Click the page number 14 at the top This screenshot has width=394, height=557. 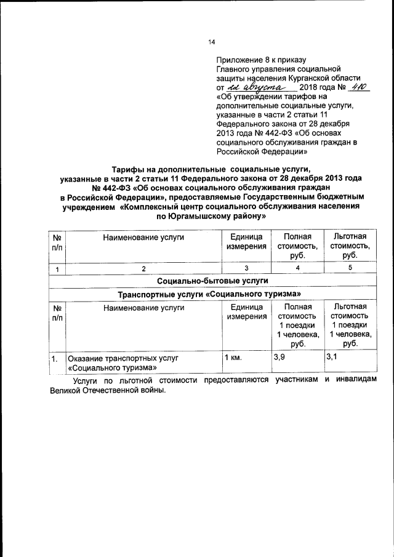(x=212, y=42)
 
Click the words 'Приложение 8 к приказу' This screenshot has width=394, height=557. (x=260, y=60)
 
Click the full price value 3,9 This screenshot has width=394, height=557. (x=278, y=358)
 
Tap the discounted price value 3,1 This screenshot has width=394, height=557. (x=332, y=358)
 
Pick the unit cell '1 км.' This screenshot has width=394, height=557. (x=233, y=358)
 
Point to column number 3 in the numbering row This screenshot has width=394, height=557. (x=246, y=268)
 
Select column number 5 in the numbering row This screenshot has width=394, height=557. (x=350, y=268)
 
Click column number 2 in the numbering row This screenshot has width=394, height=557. (x=143, y=268)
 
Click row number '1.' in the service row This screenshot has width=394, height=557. (x=55, y=358)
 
